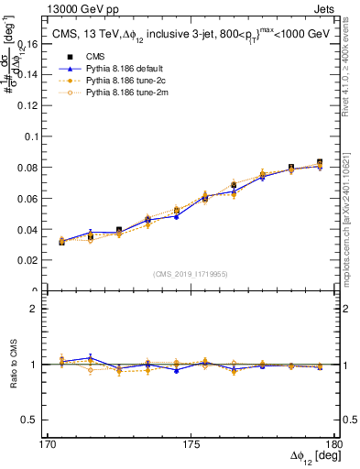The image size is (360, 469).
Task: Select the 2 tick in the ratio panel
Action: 43,309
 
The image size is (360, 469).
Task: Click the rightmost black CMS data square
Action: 319,163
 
